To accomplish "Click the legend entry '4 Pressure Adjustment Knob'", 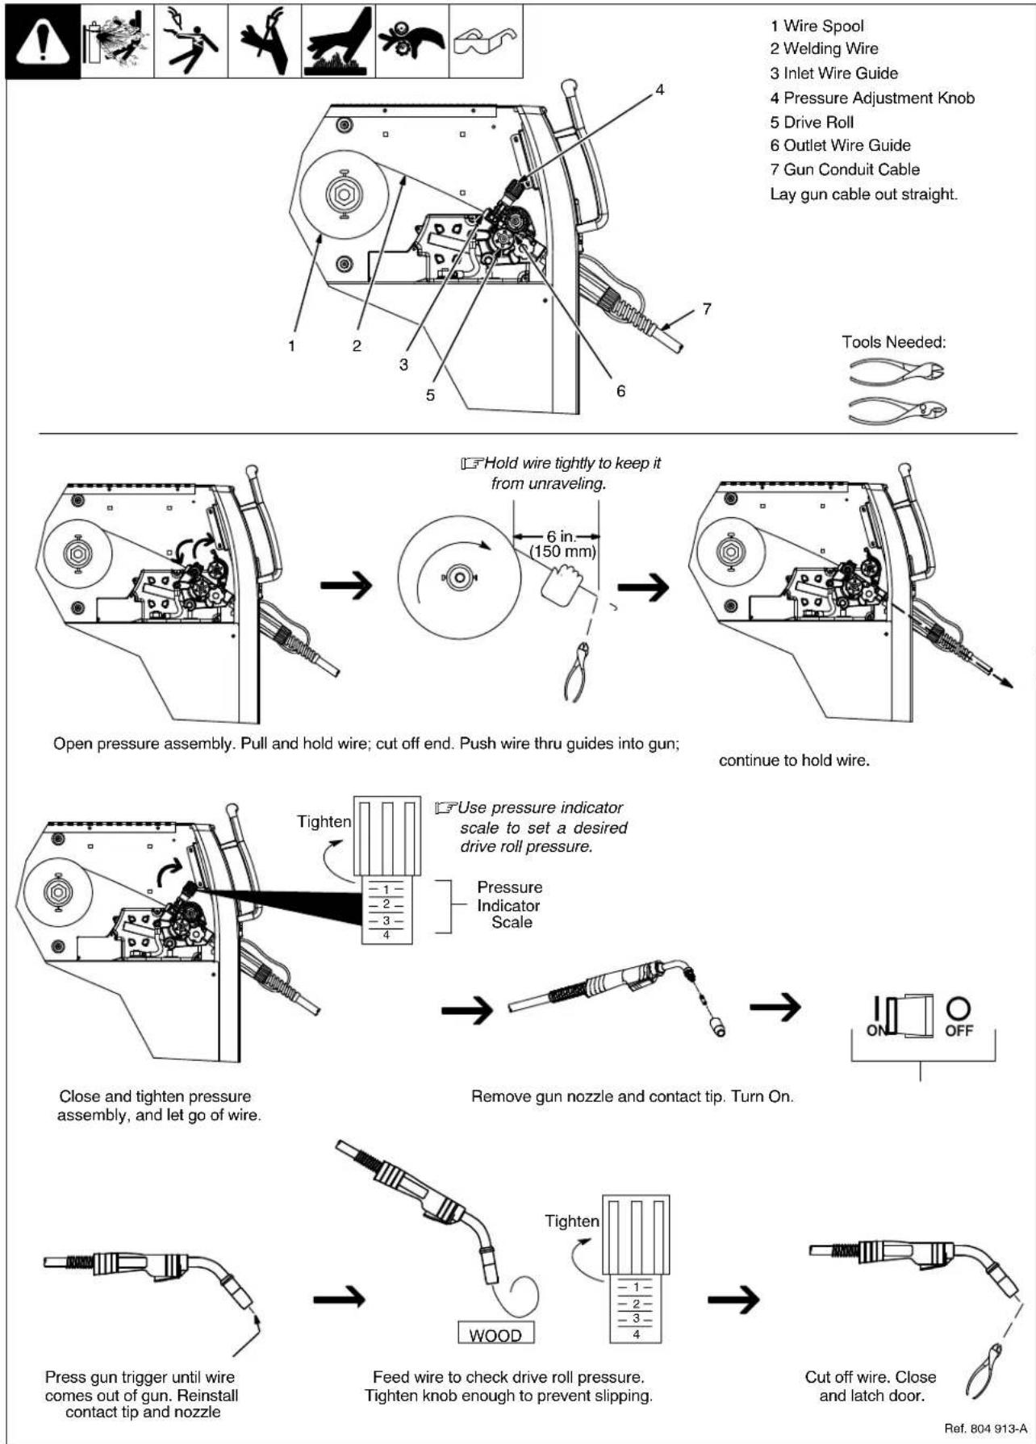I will (x=871, y=98).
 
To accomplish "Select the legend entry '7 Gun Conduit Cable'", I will (x=844, y=169).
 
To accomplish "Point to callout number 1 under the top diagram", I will (x=291, y=346).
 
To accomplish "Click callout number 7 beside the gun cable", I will (x=707, y=309).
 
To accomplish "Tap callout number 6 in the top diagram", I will (x=620, y=390).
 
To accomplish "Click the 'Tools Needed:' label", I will (x=893, y=342).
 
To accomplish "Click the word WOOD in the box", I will (x=495, y=1335).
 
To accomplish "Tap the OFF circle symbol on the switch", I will (x=959, y=1008).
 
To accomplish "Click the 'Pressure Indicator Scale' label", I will (x=509, y=905).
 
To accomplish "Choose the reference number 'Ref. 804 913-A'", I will (x=985, y=1429).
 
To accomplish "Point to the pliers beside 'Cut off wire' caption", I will (x=985, y=1371).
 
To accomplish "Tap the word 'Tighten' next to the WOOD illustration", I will (x=571, y=1221).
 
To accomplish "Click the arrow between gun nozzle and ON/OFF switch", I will (x=775, y=1006).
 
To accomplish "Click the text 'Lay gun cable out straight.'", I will (x=863, y=194).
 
